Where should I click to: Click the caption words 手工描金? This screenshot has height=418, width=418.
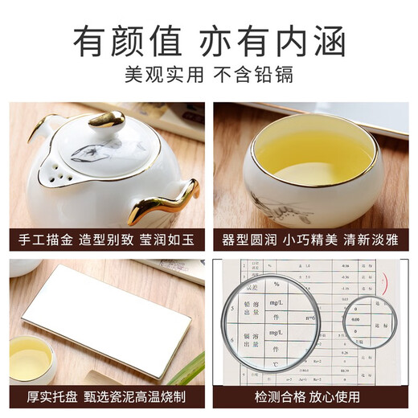44,240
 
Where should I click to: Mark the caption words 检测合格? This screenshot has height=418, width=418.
268,397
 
